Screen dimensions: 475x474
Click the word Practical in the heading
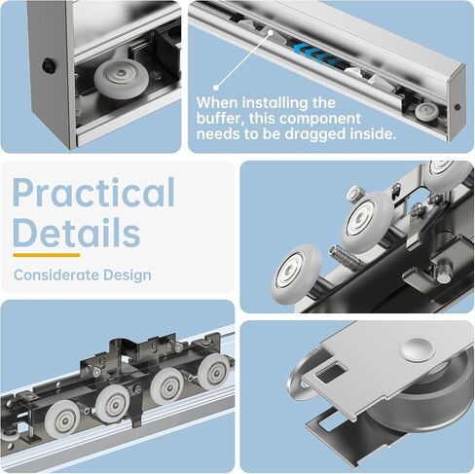[93, 193]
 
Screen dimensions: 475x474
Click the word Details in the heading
[77, 233]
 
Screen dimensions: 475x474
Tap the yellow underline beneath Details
[47, 255]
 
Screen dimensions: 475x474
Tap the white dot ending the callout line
[216, 87]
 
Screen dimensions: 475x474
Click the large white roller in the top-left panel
[122, 79]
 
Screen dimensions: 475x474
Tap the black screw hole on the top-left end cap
[49, 65]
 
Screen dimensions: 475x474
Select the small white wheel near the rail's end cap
[427, 112]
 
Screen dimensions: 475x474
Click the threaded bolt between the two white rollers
[344, 256]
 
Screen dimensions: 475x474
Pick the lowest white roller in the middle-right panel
[296, 272]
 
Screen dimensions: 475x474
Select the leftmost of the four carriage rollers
[62, 419]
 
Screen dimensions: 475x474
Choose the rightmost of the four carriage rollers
[214, 373]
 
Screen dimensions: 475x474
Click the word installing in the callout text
[275, 103]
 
